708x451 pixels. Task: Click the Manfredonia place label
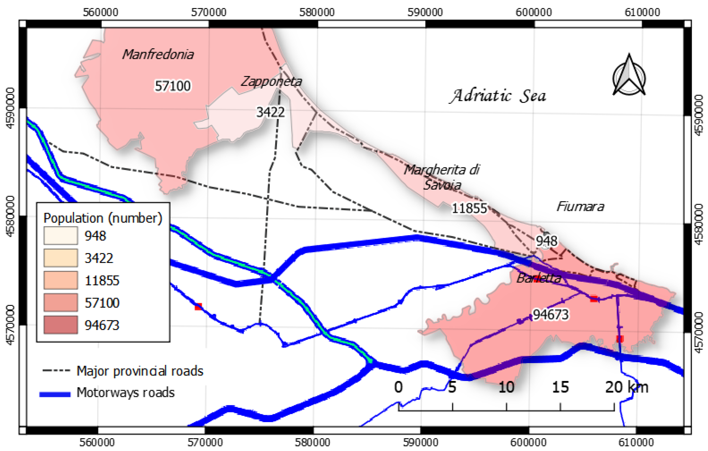[158, 55]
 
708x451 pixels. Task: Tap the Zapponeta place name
[271, 81]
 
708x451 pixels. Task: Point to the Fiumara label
[580, 207]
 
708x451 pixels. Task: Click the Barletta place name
[539, 278]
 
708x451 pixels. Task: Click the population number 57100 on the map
[173, 86]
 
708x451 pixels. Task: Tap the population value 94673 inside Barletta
[550, 315]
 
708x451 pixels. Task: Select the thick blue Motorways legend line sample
[55, 394]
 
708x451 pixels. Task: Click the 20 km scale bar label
[626, 387]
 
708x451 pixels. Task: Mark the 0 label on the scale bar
[398, 387]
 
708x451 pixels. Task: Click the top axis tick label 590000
[425, 12]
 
